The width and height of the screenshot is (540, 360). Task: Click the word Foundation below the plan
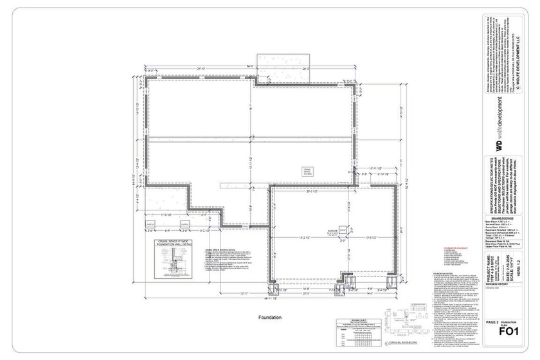tap(270, 318)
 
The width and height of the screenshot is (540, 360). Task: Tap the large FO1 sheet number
tap(509, 331)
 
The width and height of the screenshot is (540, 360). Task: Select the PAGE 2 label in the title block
tap(493, 321)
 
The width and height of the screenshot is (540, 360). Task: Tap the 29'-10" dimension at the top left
tap(201, 68)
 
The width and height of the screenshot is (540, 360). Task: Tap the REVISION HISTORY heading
tap(496, 283)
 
